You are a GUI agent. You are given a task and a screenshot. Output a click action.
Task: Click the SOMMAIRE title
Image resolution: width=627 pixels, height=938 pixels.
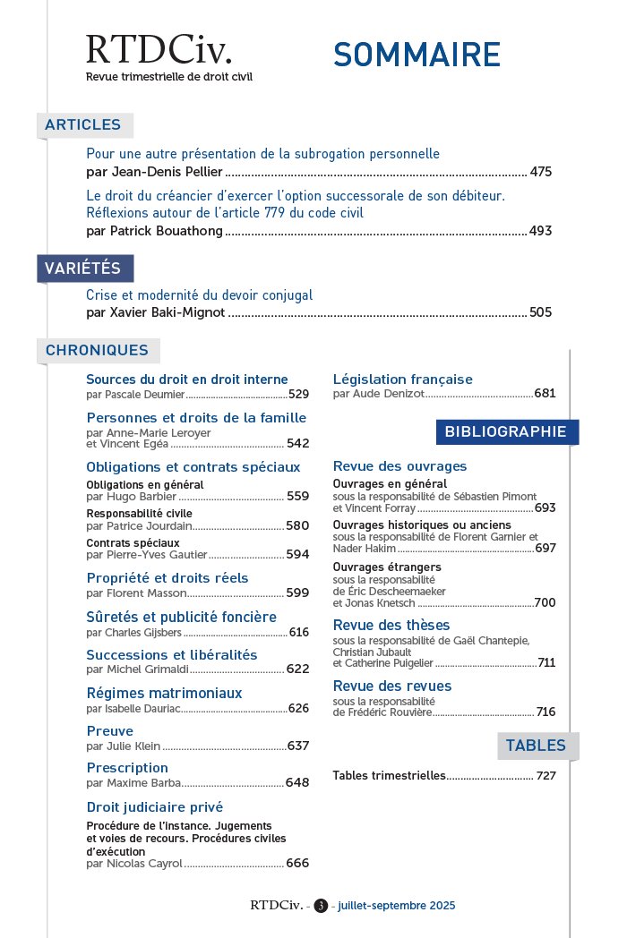(x=417, y=55)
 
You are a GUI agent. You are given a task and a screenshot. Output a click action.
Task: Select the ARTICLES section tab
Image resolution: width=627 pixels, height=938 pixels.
(x=83, y=125)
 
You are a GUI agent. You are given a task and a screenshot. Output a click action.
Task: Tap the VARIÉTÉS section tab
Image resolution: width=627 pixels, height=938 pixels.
(x=83, y=269)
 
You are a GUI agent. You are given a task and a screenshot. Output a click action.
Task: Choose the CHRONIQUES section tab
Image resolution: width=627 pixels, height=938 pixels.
(x=97, y=351)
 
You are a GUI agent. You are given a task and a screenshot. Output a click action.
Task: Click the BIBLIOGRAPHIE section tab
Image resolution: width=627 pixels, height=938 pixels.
(x=506, y=432)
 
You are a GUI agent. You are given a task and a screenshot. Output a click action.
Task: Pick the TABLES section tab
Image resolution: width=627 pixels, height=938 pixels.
(x=536, y=746)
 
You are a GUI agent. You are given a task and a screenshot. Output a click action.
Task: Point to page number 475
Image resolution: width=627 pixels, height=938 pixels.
(x=541, y=172)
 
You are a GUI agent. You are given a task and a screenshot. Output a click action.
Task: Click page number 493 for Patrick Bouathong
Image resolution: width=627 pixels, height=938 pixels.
(x=541, y=231)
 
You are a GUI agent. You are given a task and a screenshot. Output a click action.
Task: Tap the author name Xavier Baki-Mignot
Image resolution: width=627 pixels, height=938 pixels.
(x=156, y=312)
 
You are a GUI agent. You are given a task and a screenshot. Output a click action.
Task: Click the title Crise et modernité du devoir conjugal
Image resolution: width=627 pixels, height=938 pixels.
(x=199, y=294)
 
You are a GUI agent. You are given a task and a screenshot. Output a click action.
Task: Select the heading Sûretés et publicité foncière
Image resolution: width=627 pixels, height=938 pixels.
(x=181, y=617)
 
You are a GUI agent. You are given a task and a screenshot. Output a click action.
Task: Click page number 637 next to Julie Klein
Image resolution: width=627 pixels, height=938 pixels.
(x=297, y=746)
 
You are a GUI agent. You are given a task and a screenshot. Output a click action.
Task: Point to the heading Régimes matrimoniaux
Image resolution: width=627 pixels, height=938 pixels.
(x=164, y=693)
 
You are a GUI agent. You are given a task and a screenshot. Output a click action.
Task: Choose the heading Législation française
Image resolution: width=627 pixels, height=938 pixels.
(x=402, y=379)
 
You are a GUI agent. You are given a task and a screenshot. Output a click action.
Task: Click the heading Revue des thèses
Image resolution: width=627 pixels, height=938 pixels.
(x=391, y=625)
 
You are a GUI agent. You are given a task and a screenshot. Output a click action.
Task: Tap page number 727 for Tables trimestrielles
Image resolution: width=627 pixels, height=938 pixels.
(x=546, y=776)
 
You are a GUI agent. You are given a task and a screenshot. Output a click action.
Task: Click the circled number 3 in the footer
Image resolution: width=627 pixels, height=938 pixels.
(x=321, y=906)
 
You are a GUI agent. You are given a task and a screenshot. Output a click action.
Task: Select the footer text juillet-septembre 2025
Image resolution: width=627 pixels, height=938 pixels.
(x=397, y=906)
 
